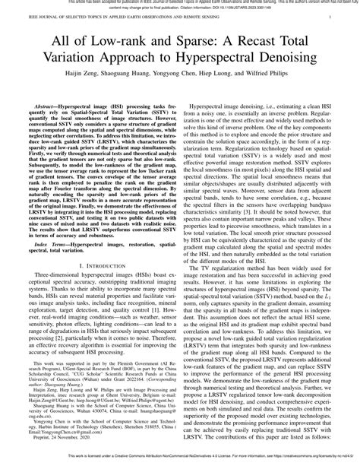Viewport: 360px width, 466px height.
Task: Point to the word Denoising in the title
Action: click(x=313, y=67)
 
